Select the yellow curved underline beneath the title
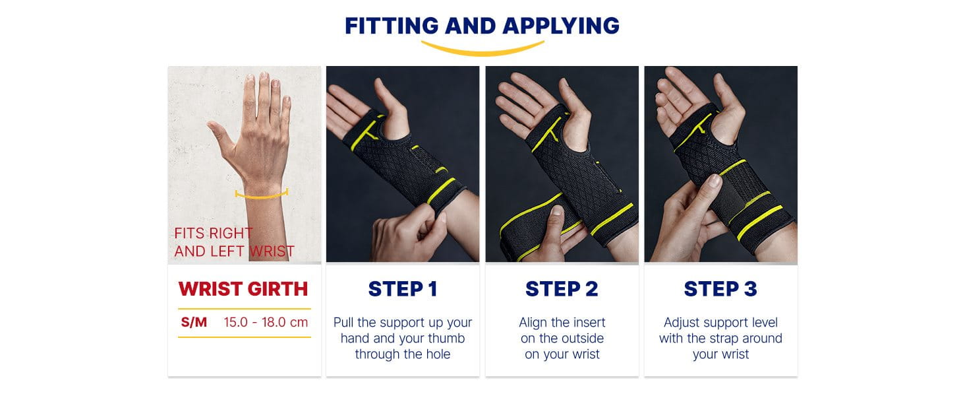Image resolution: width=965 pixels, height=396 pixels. coord(482,49)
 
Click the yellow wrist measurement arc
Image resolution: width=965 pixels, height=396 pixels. coord(262,194)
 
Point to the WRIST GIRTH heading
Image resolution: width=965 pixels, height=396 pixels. coord(243,289)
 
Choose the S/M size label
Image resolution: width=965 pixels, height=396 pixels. coord(194,323)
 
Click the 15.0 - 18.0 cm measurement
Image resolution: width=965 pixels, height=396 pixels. coord(266,323)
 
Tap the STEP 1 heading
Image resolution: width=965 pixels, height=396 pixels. coord(402,289)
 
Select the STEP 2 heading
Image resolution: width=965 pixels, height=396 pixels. coord(562,289)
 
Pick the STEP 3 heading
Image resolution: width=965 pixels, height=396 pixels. coord(720,289)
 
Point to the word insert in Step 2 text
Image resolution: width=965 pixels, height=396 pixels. coord(589,323)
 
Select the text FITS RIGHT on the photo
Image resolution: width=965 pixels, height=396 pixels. coord(213,234)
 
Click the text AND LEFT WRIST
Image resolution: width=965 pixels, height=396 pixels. coord(234,251)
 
